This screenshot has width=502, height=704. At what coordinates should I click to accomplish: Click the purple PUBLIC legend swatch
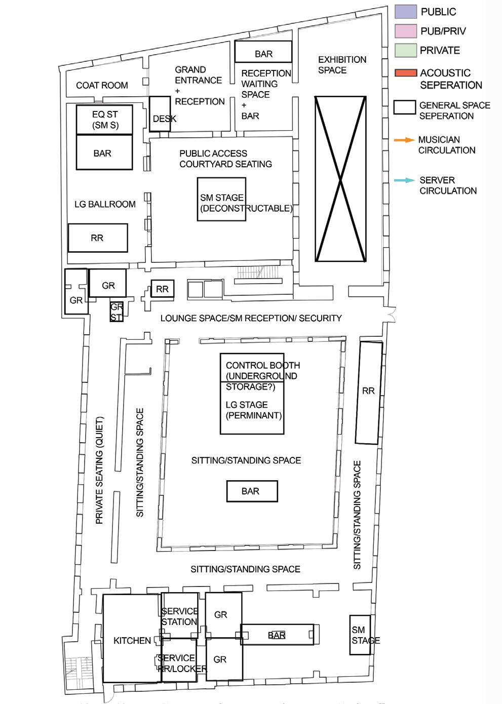click(x=405, y=11)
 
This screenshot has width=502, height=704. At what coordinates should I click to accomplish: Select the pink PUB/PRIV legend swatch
click(x=405, y=30)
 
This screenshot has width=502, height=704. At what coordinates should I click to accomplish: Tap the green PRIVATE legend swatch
click(x=405, y=50)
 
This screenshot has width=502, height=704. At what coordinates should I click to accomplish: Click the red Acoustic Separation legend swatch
click(x=405, y=73)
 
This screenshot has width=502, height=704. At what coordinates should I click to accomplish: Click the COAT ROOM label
click(x=102, y=85)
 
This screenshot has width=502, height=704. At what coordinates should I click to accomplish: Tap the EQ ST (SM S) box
click(x=104, y=120)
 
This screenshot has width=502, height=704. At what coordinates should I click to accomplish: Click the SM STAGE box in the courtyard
click(x=221, y=199)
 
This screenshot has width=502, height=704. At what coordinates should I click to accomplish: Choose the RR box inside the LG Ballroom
click(x=97, y=238)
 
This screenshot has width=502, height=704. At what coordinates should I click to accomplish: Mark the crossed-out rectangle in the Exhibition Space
click(x=340, y=179)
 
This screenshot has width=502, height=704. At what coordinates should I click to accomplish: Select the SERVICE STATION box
click(x=179, y=616)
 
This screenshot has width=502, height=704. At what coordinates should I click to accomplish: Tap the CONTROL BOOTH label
click(x=262, y=365)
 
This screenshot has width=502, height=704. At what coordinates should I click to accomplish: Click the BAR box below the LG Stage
click(x=251, y=491)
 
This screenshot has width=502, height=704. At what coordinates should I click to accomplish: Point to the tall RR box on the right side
click(x=368, y=393)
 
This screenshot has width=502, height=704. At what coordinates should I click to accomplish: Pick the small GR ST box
click(x=117, y=311)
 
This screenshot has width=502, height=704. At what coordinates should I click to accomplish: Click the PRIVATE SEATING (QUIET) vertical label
click(x=99, y=470)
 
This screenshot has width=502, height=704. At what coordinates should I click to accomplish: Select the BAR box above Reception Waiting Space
click(x=263, y=52)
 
